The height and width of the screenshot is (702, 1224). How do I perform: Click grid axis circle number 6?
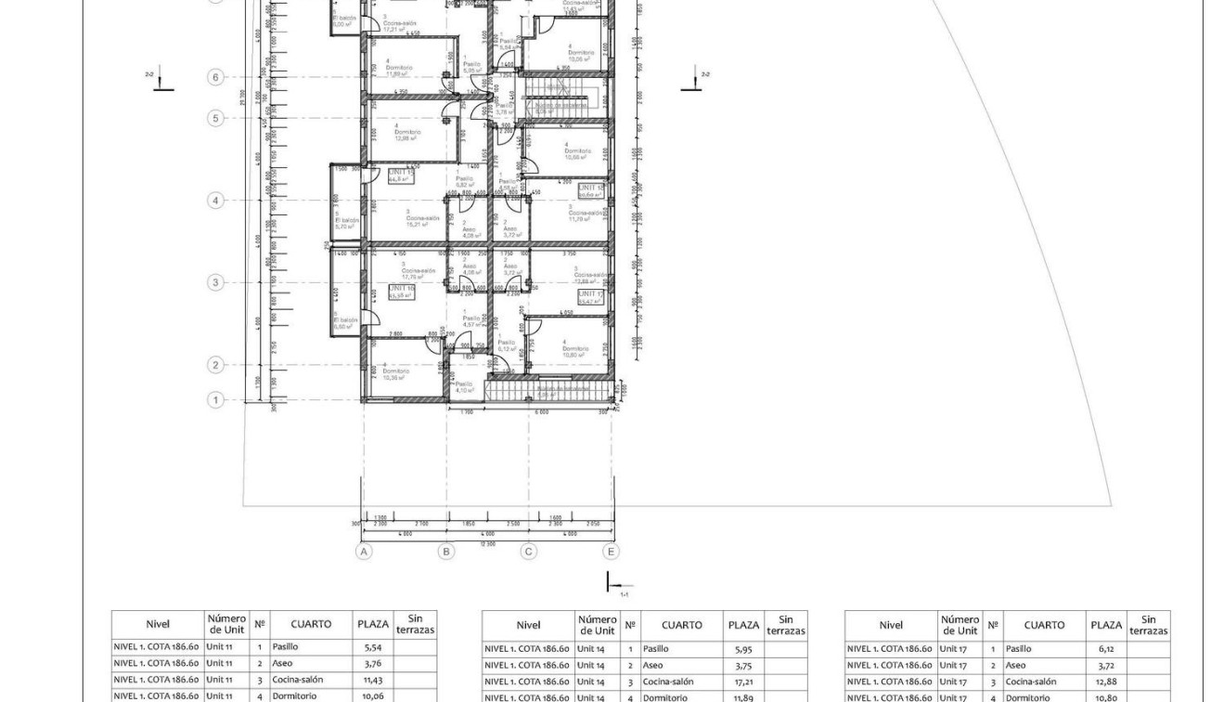pos(215,77)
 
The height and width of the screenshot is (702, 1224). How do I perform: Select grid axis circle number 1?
pos(215,400)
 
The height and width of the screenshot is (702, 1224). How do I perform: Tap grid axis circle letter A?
pos(364,552)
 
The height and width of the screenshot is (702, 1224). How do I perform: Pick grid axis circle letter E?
pos(611,552)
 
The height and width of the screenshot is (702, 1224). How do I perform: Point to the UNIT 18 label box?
pos(592,190)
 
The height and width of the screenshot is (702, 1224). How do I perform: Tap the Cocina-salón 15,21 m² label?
pos(421,220)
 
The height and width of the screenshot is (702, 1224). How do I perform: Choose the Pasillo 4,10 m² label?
pos(464,386)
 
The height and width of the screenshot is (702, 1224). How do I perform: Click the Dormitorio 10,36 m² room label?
pos(395,373)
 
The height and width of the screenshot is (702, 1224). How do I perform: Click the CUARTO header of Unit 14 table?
pos(682,625)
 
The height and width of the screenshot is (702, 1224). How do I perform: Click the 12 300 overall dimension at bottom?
pos(487,544)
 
